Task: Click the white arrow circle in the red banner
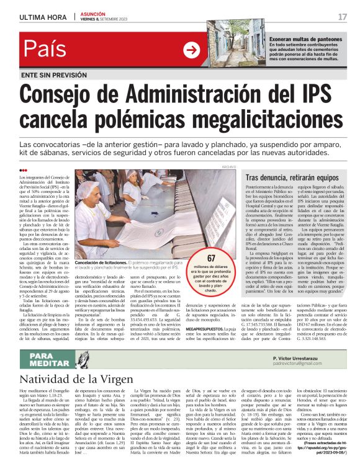point(191,50)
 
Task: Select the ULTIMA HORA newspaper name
point(42,16)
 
